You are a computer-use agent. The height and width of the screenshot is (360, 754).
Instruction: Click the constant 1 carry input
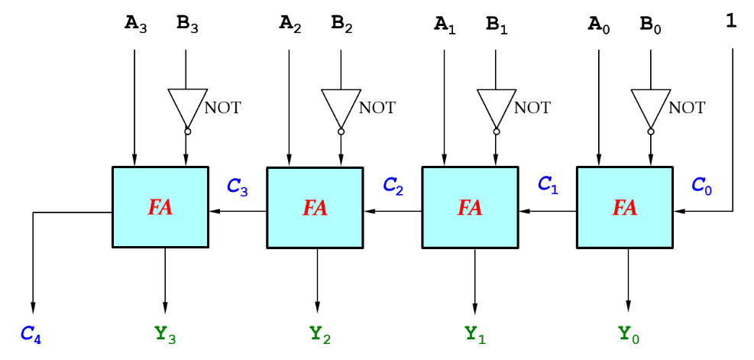[731, 23]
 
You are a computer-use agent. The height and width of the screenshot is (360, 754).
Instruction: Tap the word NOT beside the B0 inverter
[686, 108]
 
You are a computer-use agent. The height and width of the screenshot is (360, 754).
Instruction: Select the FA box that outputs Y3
[160, 207]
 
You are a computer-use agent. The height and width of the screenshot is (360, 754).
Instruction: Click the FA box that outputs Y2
[316, 207]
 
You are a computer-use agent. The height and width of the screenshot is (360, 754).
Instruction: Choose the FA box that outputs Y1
[471, 207]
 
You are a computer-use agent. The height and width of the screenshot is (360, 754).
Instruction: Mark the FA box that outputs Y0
[625, 207]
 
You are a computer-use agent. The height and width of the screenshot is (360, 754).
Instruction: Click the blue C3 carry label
[238, 186]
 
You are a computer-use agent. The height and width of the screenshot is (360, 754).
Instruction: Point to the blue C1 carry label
[549, 184]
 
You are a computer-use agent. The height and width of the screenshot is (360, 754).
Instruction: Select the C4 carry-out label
[31, 334]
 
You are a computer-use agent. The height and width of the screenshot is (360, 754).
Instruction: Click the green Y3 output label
[166, 334]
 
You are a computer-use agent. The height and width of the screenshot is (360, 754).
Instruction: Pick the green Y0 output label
[629, 334]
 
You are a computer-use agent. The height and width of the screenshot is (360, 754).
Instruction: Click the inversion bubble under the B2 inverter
[341, 131]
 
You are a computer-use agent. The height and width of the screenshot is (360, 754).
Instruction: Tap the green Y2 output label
[319, 334]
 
